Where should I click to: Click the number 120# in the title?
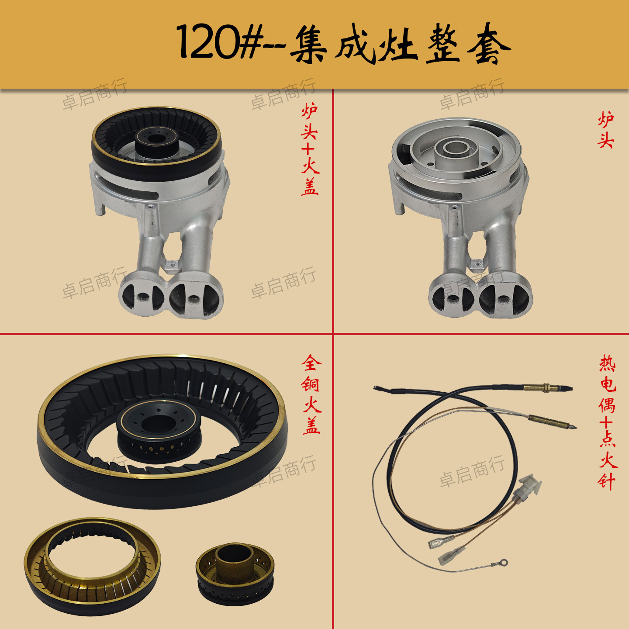[x=218, y=43]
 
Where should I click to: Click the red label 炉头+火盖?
[x=310, y=149]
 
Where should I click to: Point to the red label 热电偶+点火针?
[x=607, y=422]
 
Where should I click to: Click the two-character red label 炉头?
[x=606, y=130]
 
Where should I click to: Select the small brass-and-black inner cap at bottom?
[x=235, y=573]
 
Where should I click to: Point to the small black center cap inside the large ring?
[x=159, y=430]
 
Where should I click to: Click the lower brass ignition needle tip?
[x=553, y=421]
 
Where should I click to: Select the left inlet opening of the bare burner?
[x=452, y=299]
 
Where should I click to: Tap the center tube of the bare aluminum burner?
[x=457, y=148]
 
